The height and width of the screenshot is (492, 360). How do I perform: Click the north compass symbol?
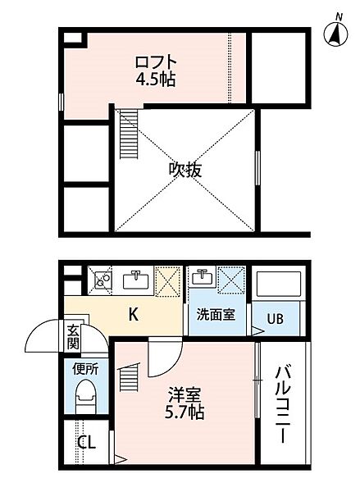pos(336,31)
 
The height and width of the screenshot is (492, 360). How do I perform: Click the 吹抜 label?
pos(185,171)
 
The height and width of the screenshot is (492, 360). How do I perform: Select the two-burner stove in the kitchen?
pos(103,280)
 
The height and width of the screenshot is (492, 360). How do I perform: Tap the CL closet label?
pos(87,443)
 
